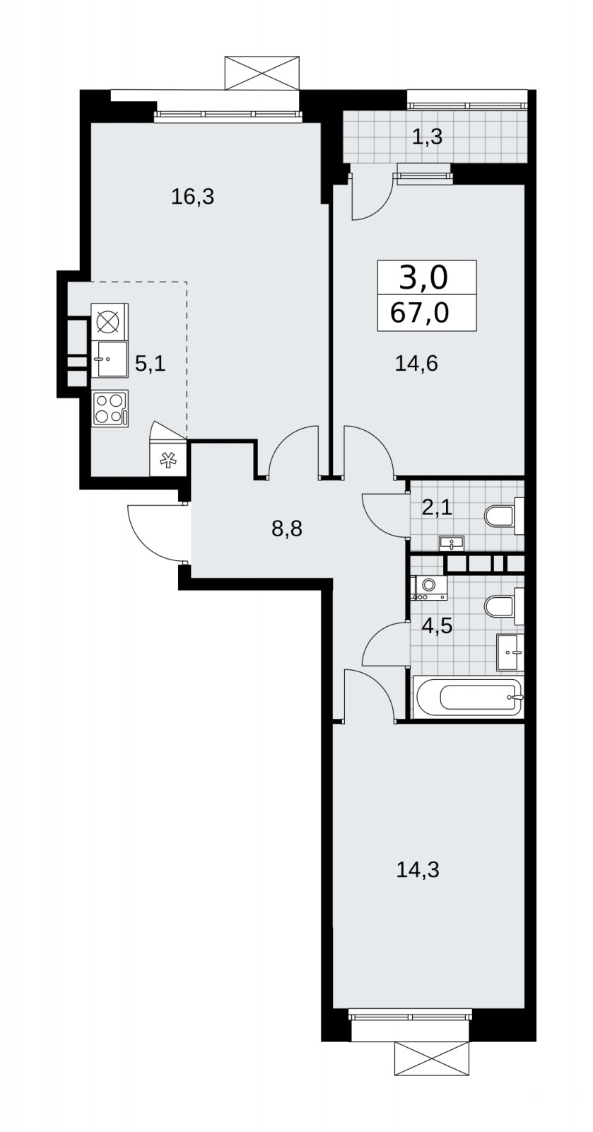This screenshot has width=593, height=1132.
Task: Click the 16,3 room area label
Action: point(193,197)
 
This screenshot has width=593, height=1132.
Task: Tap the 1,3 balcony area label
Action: point(428,137)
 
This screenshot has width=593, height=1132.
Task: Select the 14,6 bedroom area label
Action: point(416,364)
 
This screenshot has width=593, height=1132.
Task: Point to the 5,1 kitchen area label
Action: point(151,364)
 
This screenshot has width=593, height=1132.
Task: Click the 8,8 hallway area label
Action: point(287,529)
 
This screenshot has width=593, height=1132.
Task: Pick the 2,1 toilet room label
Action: point(437,507)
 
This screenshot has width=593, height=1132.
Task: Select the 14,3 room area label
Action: point(418,870)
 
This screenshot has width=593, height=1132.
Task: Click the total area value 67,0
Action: point(419,313)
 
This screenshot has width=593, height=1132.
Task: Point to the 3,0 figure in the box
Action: point(423,278)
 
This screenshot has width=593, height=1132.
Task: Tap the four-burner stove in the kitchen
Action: point(110,408)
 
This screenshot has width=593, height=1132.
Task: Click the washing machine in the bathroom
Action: point(430,587)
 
